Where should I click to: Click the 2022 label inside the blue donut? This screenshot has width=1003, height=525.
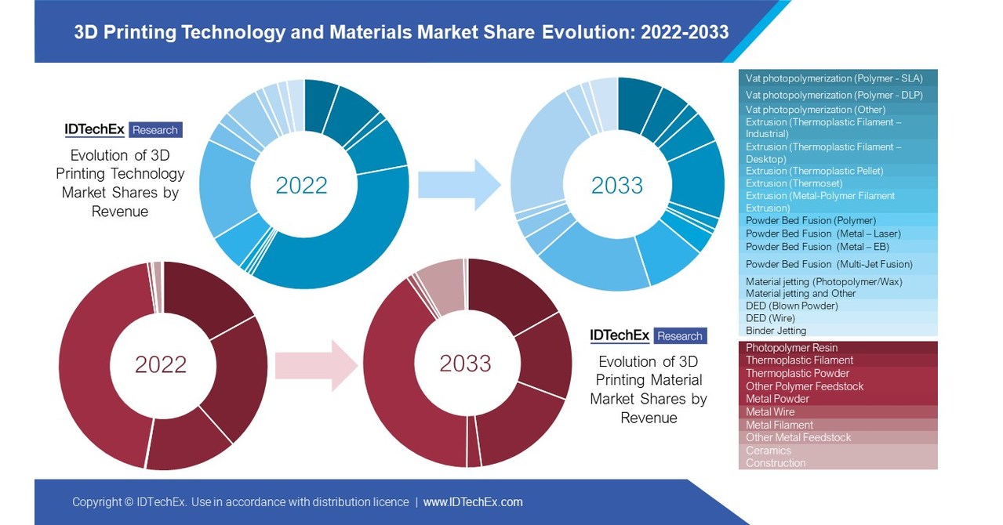coord(301,185)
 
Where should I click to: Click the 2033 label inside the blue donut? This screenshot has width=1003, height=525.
coord(616,185)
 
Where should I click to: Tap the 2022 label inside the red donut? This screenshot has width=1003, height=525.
coord(161,364)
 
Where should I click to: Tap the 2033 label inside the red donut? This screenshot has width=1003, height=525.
coord(465,364)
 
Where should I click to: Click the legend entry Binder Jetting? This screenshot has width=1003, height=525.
coord(776,331)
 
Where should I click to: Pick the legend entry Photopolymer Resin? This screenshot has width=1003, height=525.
coord(791,347)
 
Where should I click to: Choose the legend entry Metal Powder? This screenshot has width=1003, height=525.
coord(777,399)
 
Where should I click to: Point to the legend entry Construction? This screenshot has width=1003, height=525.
coord(776,463)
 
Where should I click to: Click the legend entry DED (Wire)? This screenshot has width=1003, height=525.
coord(770,318)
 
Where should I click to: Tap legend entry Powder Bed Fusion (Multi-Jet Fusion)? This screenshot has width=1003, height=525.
coord(829,264)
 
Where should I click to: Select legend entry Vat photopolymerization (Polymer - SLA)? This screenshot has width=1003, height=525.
coord(834,78)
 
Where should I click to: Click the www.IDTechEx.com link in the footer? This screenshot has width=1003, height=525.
coord(473,502)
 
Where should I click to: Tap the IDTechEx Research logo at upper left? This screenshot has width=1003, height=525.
coord(122,130)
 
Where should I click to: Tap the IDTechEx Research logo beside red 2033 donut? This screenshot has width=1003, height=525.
coord(649,336)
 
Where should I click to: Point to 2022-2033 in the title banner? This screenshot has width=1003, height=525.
coord(685,32)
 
